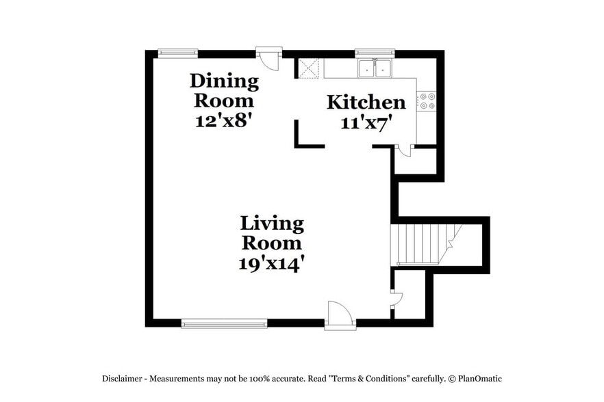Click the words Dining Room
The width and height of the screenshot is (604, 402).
224,90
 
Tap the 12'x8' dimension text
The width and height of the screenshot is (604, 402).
224,120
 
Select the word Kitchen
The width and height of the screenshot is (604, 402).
366,103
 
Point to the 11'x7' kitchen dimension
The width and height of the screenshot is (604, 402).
366,122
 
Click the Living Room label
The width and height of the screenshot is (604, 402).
272,233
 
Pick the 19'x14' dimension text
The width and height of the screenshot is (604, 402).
271,263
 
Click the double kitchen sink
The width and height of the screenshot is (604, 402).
374,68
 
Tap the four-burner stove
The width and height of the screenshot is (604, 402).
426,101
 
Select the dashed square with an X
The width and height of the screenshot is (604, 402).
309,68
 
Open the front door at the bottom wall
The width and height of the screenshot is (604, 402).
340,316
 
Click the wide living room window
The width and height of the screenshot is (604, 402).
224,323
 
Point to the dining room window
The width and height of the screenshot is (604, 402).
178,53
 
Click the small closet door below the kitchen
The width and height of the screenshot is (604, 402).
405,150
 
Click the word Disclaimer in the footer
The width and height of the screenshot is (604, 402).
123,378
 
